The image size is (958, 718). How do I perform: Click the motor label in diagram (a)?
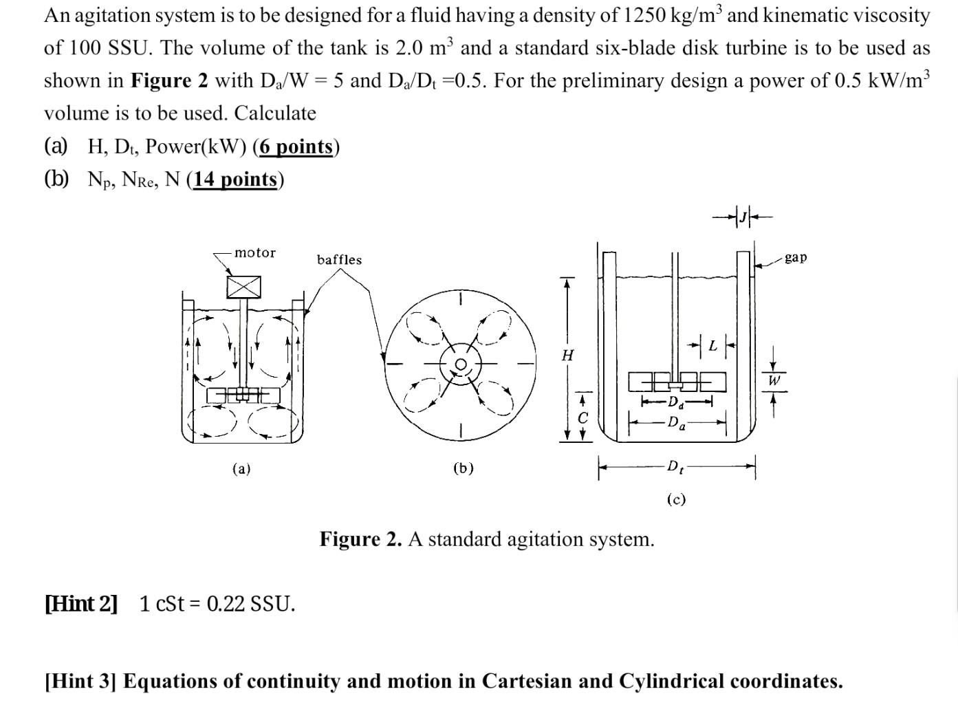click(x=254, y=252)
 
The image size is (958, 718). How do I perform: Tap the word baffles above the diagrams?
click(x=339, y=259)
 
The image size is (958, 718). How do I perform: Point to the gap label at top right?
click(x=796, y=257)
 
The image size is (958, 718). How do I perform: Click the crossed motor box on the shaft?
click(x=244, y=287)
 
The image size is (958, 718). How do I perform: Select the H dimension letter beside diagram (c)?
click(x=567, y=355)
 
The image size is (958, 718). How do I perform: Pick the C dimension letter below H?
click(x=583, y=417)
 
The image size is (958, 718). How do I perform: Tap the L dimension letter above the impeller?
click(x=713, y=346)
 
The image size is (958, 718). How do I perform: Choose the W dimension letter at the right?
click(x=774, y=380)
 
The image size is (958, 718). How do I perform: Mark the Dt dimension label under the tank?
click(x=675, y=467)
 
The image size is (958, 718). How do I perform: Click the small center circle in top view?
click(x=461, y=364)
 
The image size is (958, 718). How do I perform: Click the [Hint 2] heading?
click(x=81, y=603)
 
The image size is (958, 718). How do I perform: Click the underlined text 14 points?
click(x=235, y=179)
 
